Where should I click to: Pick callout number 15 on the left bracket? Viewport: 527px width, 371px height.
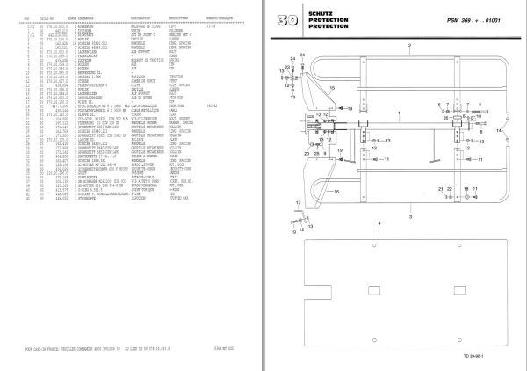coord(333,88)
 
